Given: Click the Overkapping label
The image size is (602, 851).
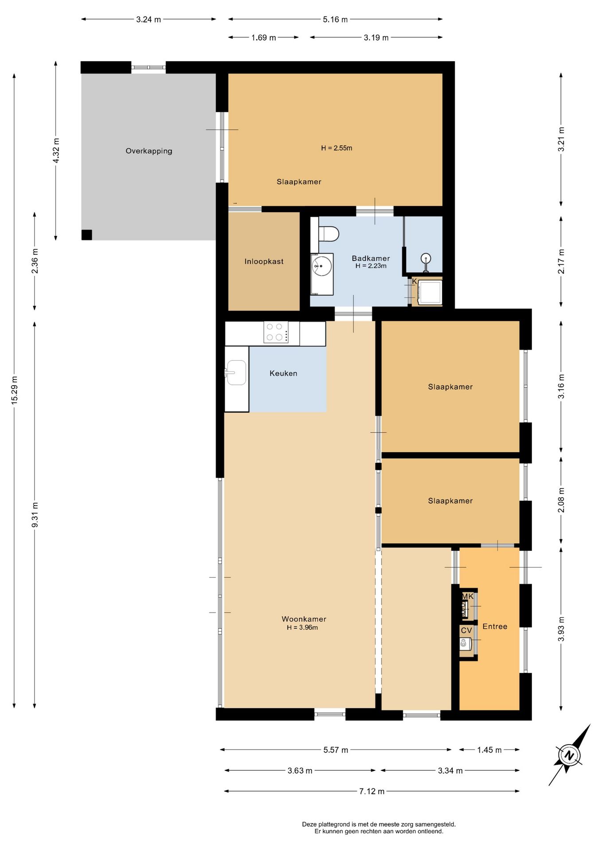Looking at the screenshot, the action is point(149,151).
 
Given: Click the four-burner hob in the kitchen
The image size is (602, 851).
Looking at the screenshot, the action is point(276,332).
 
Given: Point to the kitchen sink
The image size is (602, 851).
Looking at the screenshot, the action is point(236,372).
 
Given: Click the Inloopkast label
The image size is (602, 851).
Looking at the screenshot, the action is point(264,262).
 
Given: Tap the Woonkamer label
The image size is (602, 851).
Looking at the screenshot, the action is point(304,619).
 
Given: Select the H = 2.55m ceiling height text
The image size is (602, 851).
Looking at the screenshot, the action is point(337,148).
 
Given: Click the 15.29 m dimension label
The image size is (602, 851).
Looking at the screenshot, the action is point(15,390).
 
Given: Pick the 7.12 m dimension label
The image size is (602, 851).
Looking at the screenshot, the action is point(372,791).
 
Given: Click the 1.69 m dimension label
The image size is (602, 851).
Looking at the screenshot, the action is point(264,38).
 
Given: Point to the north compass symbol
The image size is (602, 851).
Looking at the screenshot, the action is point(569,755).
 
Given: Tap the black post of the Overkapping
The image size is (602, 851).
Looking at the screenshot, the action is point(87,235).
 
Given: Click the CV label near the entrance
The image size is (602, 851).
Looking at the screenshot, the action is point(466,630).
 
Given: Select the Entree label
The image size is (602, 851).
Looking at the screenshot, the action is point(495,626).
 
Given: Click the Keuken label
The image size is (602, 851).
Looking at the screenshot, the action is point(284,374).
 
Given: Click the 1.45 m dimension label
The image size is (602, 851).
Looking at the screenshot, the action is point(489,750).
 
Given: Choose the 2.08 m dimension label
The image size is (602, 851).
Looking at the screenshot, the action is point(562,500).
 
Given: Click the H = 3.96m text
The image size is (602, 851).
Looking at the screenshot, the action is point(302,628).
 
